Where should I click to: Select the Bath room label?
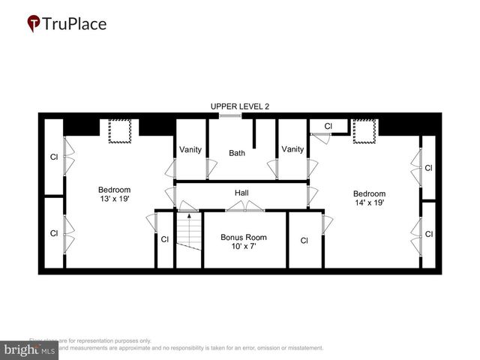click(237, 153)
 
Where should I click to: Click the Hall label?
click(241, 193)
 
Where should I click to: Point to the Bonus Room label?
click(243, 238)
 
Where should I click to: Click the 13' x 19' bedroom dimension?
click(115, 200)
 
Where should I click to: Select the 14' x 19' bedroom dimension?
click(369, 203)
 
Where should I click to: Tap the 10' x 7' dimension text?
click(243, 247)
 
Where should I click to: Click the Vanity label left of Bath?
click(190, 149)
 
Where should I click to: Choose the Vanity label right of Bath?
click(292, 149)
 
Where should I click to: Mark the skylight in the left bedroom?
click(120, 131)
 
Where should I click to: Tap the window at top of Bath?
click(230, 115)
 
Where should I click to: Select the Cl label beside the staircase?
click(165, 240)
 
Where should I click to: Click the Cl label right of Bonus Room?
click(304, 241)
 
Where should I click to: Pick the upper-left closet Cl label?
click(53, 157)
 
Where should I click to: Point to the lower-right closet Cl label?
click(428, 234)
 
